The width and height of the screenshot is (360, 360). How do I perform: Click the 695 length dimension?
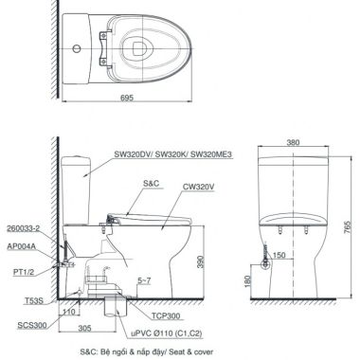coord(127,98)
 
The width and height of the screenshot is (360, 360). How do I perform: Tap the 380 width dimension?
coord(293,142)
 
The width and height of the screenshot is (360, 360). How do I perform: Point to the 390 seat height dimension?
coord(201,261)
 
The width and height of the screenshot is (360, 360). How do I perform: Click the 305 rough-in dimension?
coord(84,329)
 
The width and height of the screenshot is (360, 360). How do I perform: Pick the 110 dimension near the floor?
coord(68,312)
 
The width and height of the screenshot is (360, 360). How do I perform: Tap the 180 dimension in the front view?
coord(247,281)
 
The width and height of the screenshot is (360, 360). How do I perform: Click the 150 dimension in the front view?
coord(279,255)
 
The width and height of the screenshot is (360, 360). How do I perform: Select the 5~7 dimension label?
coord(144,280)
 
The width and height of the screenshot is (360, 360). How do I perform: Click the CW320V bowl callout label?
coord(199,187)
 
